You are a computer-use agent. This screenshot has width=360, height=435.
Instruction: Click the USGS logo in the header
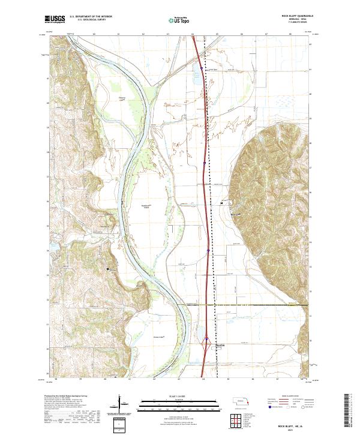tap(55, 20)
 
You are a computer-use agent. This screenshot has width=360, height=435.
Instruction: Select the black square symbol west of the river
tap(108, 269)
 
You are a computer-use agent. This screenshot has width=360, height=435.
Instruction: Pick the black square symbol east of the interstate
tap(221, 203)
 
